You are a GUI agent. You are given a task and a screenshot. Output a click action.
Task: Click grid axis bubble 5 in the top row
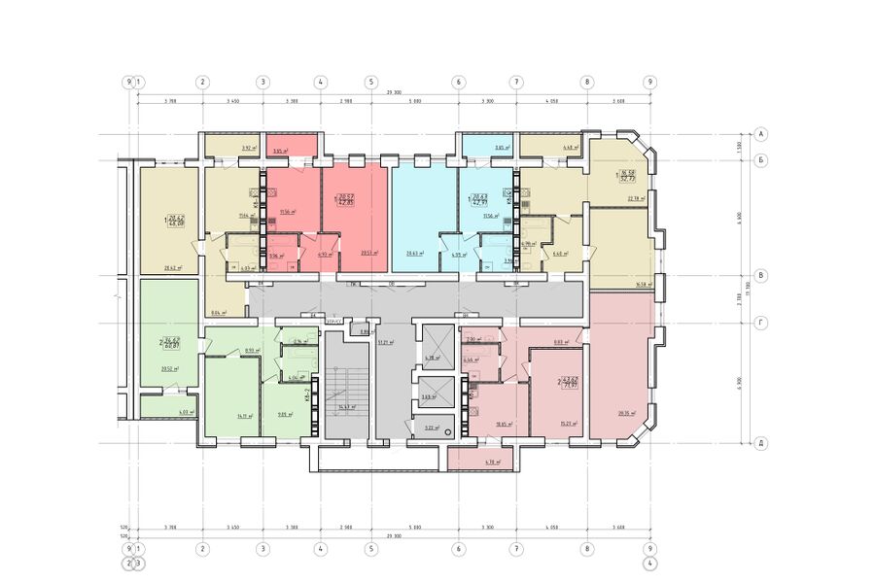(x=370, y=83)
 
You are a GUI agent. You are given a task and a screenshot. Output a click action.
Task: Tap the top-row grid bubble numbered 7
(x=516, y=83)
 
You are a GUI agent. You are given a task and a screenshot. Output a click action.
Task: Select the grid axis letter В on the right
(x=762, y=276)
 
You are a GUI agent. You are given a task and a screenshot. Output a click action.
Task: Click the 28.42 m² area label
(x=175, y=268)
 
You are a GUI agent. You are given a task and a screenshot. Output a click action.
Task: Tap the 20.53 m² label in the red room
(x=369, y=252)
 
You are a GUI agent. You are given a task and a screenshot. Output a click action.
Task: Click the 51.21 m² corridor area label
(x=387, y=343)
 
